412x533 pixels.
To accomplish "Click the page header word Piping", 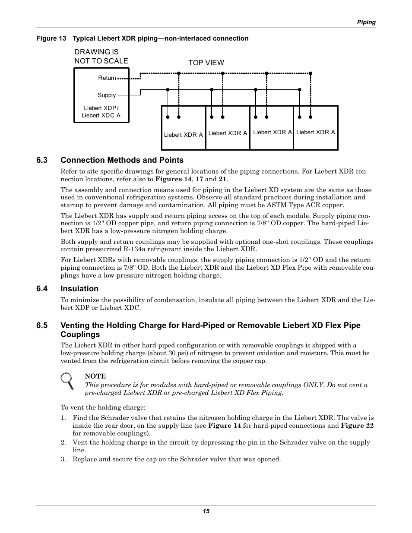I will [366, 22].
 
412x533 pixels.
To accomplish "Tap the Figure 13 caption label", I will [51, 38].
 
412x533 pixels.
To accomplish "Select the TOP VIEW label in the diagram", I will [206, 63].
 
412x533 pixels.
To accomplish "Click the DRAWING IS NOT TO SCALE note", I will [101, 57].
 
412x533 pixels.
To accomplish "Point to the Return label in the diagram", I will [107, 78].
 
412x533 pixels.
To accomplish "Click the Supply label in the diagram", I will [107, 95].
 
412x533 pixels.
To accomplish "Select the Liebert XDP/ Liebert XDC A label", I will [101, 112].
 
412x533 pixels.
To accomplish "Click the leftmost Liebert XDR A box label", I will [183, 135].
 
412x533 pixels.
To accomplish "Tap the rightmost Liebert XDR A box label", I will [316, 132].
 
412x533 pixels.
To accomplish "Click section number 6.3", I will [42, 160].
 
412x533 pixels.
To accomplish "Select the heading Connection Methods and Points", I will [122, 160].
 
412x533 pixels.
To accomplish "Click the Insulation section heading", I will [79, 289].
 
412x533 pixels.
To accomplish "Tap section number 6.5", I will [42, 325].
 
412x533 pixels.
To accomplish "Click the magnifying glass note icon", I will [67, 380].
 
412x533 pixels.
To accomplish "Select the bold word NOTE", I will [95, 376].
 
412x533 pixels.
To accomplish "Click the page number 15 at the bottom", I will [206, 511].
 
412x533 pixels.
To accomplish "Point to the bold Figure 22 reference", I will [357, 426].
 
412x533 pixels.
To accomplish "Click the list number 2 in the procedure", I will [63, 442].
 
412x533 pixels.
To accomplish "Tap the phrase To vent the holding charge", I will [103, 407].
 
